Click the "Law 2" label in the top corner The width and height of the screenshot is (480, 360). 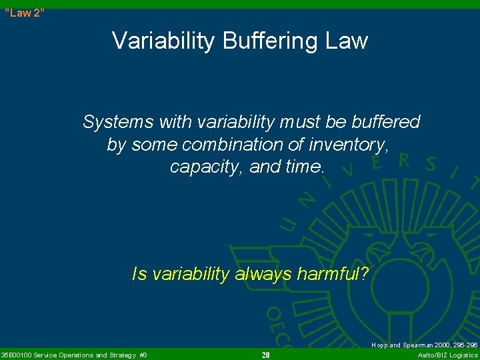25,13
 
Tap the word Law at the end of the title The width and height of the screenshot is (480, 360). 345,41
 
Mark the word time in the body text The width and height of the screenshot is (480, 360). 303,167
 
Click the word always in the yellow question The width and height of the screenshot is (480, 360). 262,273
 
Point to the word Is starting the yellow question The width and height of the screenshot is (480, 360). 139,273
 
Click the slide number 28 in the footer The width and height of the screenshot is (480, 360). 265,355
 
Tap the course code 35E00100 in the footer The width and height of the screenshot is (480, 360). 19,355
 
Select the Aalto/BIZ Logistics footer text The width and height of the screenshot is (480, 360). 447,355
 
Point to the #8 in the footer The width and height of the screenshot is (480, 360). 143,355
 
